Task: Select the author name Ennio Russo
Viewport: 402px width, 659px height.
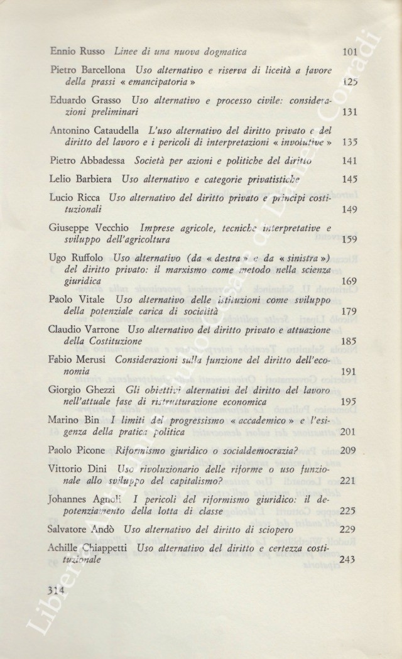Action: tap(79, 52)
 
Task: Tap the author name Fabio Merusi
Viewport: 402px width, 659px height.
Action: tap(76, 361)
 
